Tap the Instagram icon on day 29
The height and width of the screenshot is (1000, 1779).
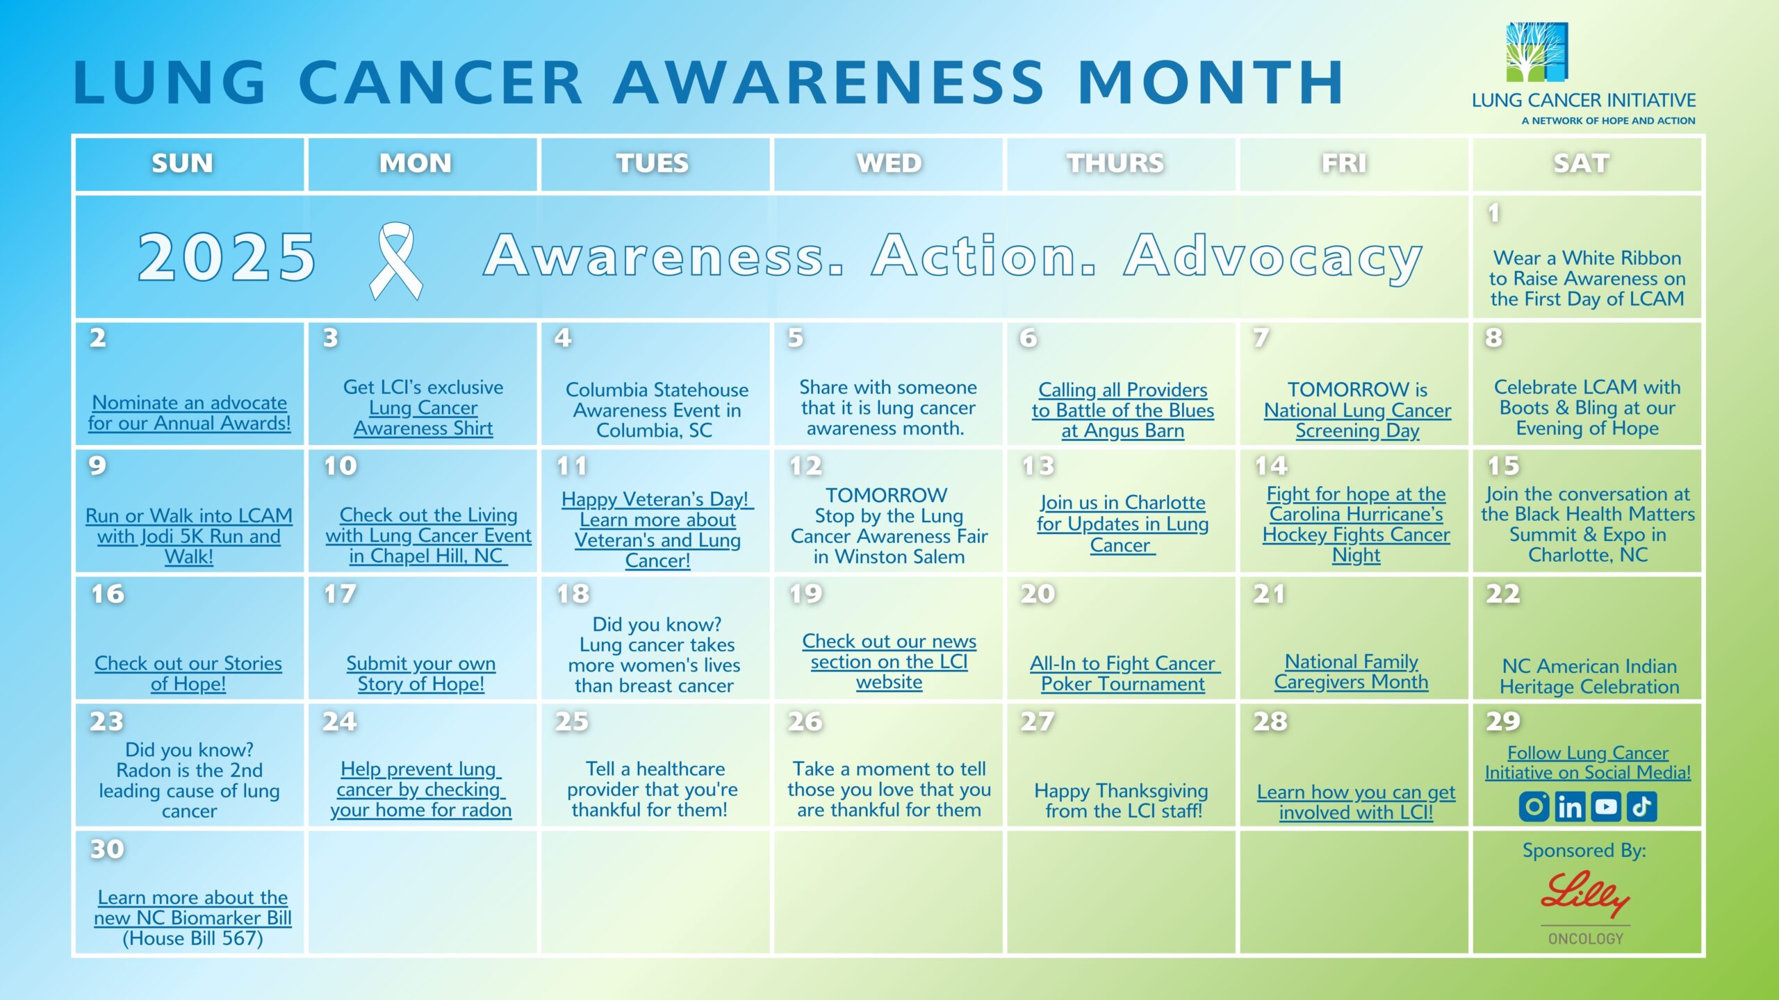[x=1534, y=806]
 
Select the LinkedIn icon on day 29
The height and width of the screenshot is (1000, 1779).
[x=1570, y=806]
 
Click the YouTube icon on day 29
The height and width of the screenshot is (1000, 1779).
[x=1606, y=806]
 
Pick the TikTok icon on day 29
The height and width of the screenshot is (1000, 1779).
[x=1642, y=806]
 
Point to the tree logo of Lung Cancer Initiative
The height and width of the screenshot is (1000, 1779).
[x=1536, y=52]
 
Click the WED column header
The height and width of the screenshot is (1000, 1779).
[x=889, y=163]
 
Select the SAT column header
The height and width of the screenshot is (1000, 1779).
[x=1581, y=163]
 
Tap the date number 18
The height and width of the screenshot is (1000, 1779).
[x=573, y=594]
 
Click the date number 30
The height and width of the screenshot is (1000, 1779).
[x=107, y=849]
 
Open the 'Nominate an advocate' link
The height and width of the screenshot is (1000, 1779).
[x=189, y=412]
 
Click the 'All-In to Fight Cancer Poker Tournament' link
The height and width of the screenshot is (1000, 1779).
[x=1124, y=674]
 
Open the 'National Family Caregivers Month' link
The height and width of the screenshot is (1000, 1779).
[x=1351, y=672]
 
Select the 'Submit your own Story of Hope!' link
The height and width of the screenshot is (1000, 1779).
[x=421, y=674]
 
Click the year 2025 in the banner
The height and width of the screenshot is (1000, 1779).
[x=227, y=257]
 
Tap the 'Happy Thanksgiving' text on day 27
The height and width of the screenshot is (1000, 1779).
[x=1121, y=790]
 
